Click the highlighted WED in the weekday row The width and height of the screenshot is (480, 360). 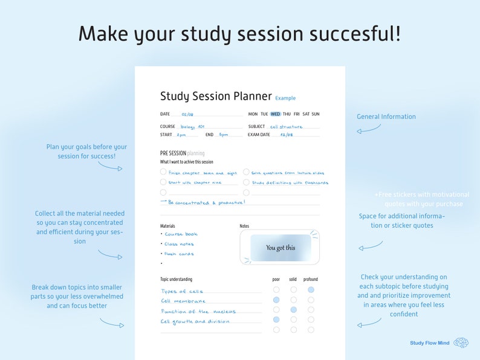point(275,114)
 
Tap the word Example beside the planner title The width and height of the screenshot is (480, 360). point(285,98)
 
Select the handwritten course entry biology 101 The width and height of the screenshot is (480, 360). point(193,127)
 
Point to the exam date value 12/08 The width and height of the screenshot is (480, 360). point(286,135)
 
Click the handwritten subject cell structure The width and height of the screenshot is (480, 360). point(286,127)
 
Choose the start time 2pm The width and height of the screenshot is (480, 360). point(182,135)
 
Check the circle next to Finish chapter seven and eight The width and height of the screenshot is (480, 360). point(163,172)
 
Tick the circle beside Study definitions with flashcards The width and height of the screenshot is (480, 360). point(246,182)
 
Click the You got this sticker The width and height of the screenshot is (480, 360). point(281,248)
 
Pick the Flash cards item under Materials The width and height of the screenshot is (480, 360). point(179,254)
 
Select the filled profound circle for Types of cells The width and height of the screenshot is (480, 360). point(311,290)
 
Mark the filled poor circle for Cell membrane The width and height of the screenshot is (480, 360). point(276,300)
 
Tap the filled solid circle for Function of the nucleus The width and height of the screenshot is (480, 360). point(294,310)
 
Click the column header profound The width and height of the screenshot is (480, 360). point(311,280)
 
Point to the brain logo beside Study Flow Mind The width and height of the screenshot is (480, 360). point(461,342)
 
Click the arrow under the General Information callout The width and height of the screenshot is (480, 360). point(368,129)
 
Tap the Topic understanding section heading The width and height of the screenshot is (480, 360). point(176,280)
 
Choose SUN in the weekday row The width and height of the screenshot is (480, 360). point(316,114)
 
